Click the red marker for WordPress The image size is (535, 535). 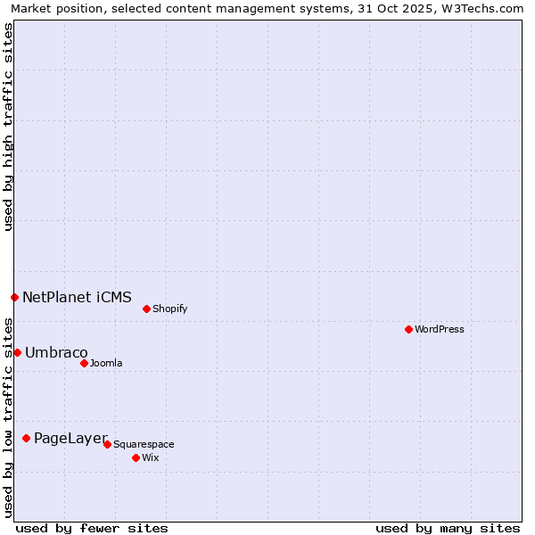coord(408,329)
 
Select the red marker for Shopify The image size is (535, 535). coord(146,309)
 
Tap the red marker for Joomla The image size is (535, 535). coord(84,363)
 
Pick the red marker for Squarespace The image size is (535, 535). coord(107,444)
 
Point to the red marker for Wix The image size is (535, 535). coord(136,457)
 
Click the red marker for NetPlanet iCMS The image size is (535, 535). coord(14,297)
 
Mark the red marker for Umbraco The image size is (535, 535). coord(17,352)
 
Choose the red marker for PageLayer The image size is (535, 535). coord(26,438)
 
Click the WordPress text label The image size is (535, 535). coord(440,329)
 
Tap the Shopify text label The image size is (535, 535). coord(169,309)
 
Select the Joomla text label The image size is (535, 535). coord(106,363)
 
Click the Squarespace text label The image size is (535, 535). coord(144,444)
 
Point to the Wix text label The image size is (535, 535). coord(151,457)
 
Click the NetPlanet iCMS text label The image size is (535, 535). coord(77,297)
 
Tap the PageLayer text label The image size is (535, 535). coord(70,438)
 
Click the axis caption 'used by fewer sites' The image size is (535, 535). coord(92,528)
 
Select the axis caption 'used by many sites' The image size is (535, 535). coord(448,528)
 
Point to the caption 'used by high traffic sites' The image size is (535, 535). coord(9,127)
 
